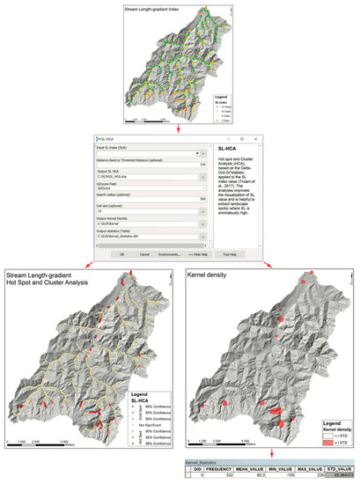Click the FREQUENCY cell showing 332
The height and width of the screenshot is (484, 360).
[219, 477]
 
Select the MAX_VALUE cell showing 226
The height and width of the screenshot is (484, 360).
[305, 477]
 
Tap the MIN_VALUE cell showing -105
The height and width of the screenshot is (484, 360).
[276, 477]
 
